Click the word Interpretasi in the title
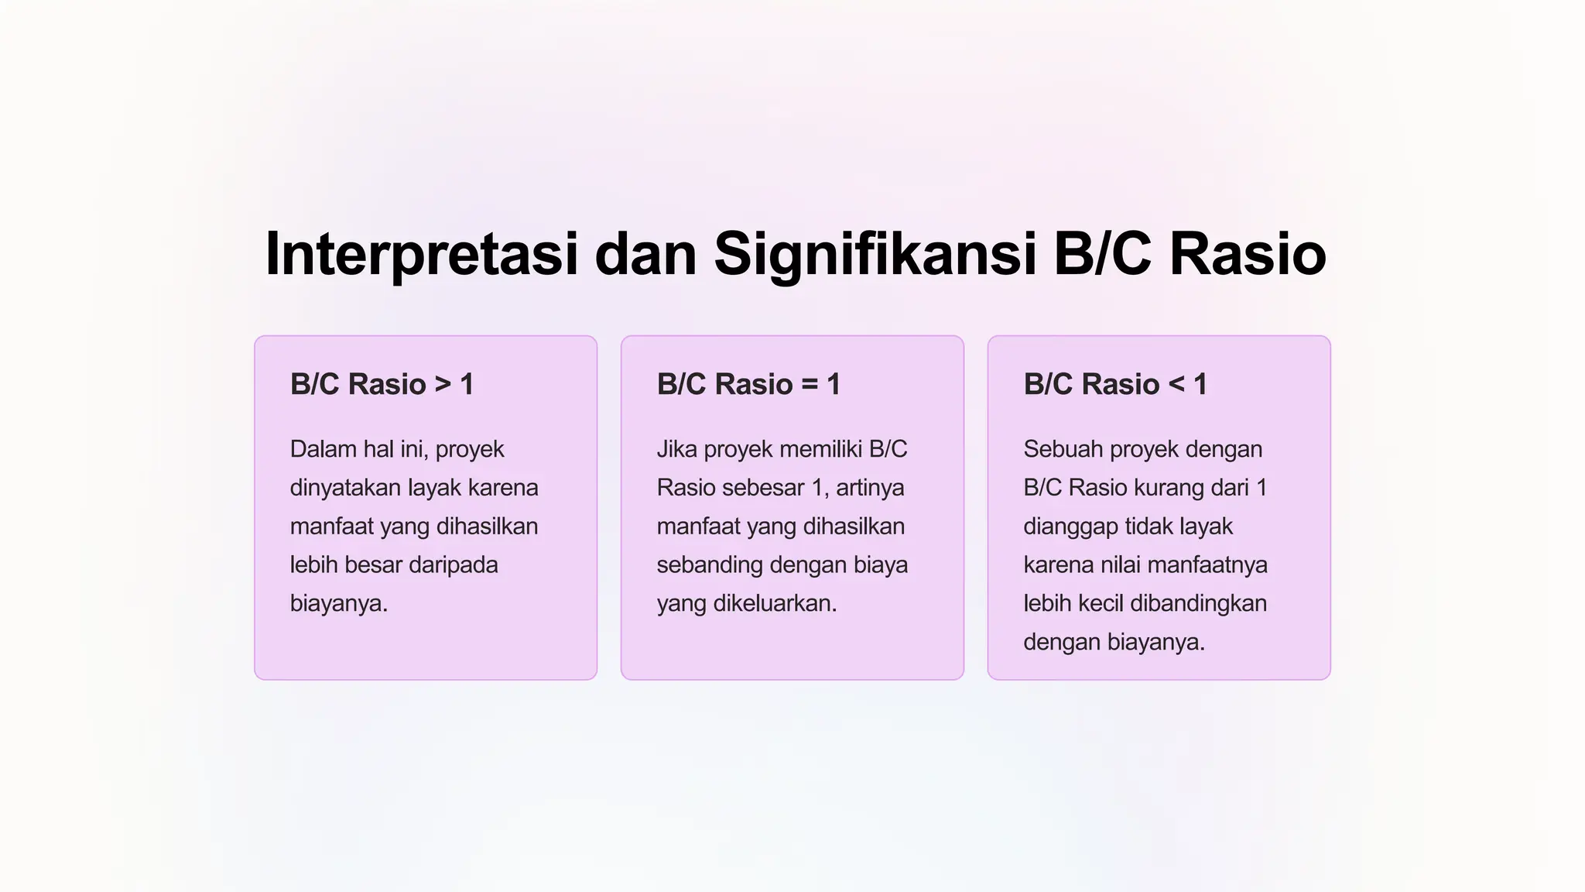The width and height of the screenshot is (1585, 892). pos(421,254)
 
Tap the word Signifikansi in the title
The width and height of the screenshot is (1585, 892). pos(875,254)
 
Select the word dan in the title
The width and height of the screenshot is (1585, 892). pos(645,254)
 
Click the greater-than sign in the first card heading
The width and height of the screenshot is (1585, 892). pos(443,384)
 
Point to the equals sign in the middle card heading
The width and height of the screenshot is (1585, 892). pos(810,384)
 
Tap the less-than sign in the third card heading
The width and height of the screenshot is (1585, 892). pos(1176,384)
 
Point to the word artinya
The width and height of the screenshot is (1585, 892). pos(870,488)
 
